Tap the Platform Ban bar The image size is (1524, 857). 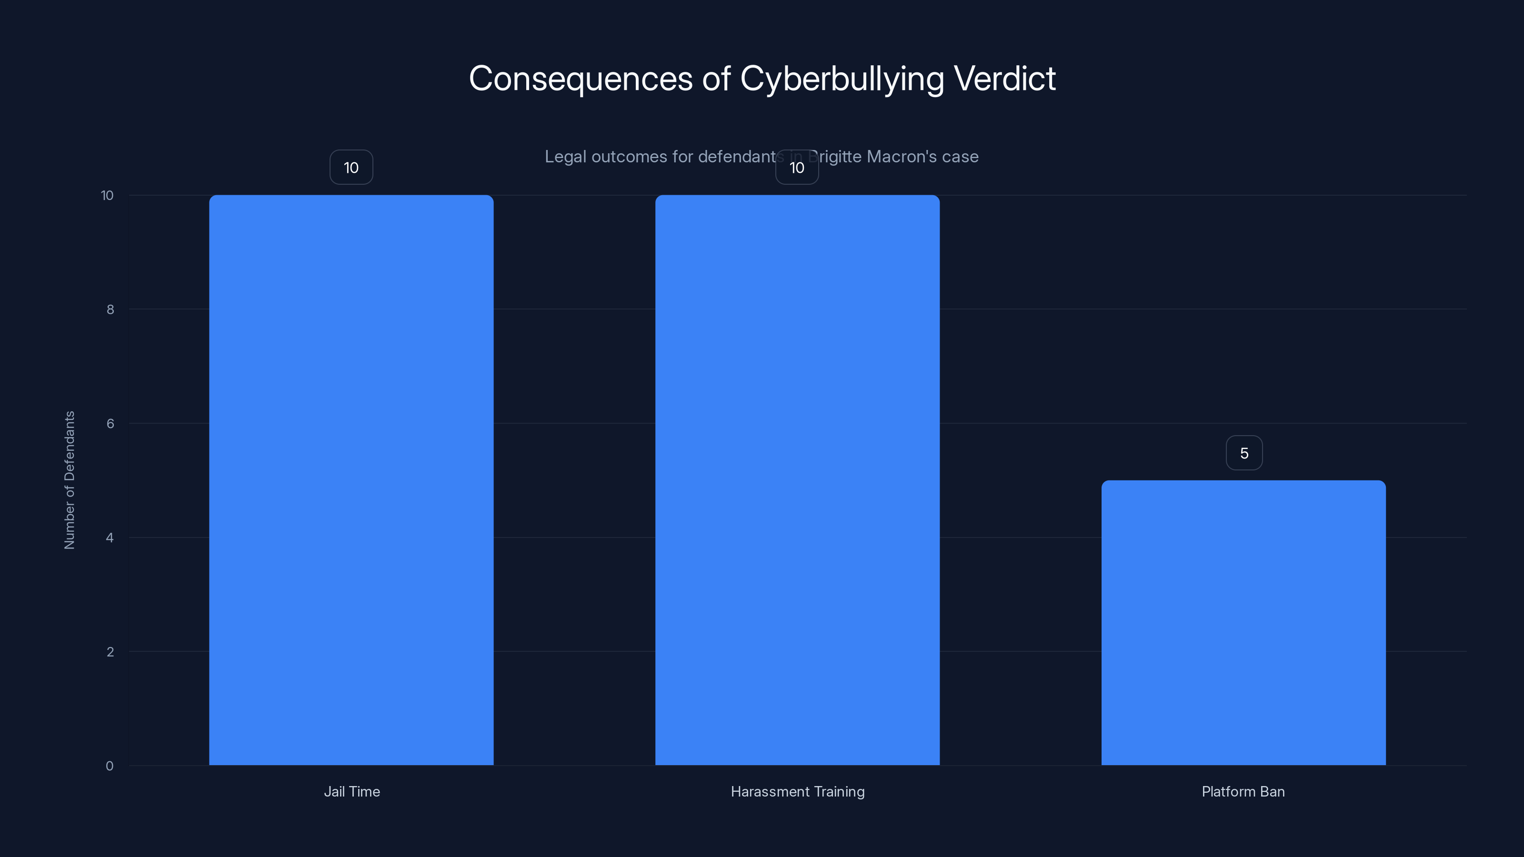(1243, 622)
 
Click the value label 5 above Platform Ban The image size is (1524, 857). (1243, 453)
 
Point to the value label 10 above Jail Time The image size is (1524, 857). (351, 168)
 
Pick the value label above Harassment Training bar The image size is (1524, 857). (797, 168)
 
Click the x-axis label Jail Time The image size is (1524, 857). (351, 791)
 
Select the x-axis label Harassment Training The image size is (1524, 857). (798, 791)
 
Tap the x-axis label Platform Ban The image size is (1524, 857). (1243, 791)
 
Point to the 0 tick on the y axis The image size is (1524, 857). (110, 766)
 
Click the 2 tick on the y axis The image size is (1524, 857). (110, 652)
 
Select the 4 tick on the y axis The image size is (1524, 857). (110, 538)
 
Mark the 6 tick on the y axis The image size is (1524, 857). (110, 423)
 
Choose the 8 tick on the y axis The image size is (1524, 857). (110, 309)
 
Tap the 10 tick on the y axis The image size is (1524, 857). (107, 195)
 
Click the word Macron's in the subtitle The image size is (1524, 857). (902, 157)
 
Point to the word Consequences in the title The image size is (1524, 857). (581, 79)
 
